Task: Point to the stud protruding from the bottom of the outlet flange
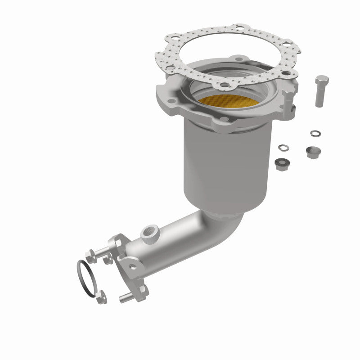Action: (x=127, y=297)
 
